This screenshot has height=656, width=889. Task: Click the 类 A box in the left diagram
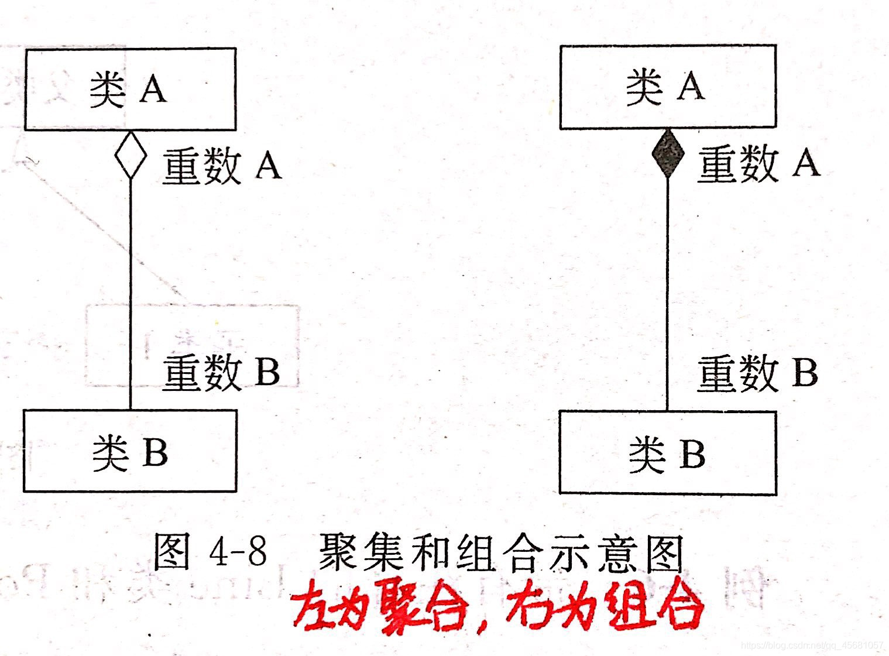[130, 89]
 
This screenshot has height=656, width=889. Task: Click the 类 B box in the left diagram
[130, 451]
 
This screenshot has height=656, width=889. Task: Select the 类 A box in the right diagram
[668, 87]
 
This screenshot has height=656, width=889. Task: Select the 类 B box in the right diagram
[668, 452]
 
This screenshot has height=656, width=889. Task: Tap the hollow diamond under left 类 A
[131, 154]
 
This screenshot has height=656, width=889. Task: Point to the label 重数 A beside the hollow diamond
[221, 166]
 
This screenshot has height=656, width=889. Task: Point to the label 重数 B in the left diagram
[221, 372]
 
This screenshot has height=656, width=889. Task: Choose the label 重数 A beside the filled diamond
[758, 163]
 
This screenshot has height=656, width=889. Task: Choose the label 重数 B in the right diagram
[757, 373]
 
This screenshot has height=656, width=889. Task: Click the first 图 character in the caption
[171, 552]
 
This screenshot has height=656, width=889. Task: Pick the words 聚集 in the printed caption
[362, 552]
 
